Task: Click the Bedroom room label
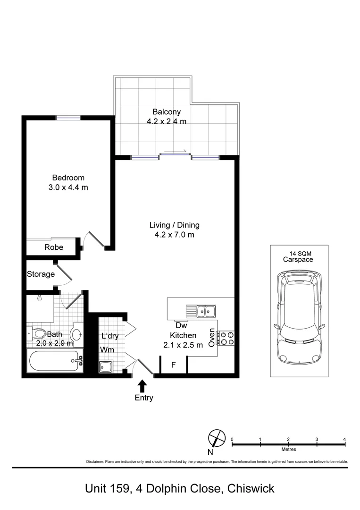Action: (68, 178)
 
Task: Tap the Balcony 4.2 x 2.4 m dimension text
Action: (167, 122)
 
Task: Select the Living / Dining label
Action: (175, 225)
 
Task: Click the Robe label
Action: (54, 247)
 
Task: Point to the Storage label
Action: (41, 274)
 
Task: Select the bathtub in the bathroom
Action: (54, 361)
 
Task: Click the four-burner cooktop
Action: (226, 338)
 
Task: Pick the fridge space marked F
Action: (174, 365)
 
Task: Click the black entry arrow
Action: (142, 386)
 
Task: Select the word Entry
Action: (144, 398)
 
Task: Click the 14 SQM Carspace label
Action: (298, 256)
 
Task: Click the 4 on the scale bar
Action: (345, 440)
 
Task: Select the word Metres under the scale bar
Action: (289, 449)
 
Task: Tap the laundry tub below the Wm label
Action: (106, 366)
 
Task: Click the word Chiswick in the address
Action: (251, 489)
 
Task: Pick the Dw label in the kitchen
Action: (181, 325)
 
